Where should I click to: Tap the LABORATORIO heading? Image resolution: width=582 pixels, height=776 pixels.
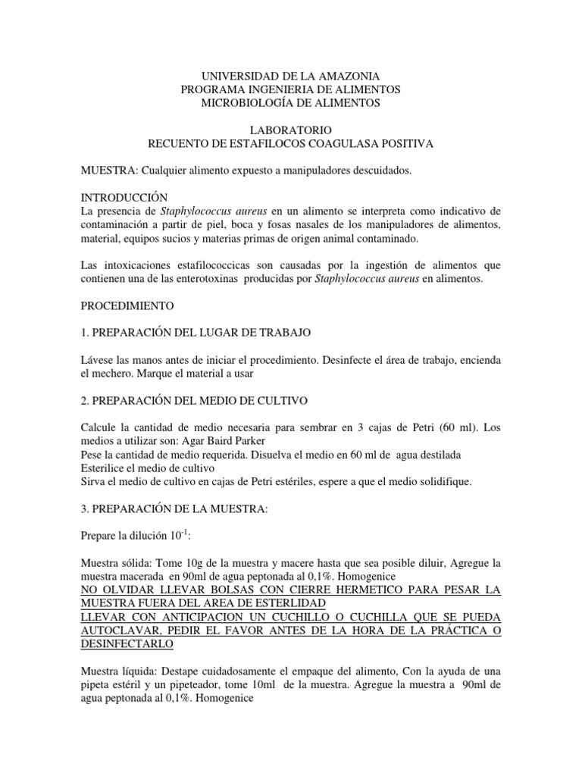(x=290, y=130)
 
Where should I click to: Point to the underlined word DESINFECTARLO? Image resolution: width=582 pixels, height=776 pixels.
(x=127, y=644)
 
